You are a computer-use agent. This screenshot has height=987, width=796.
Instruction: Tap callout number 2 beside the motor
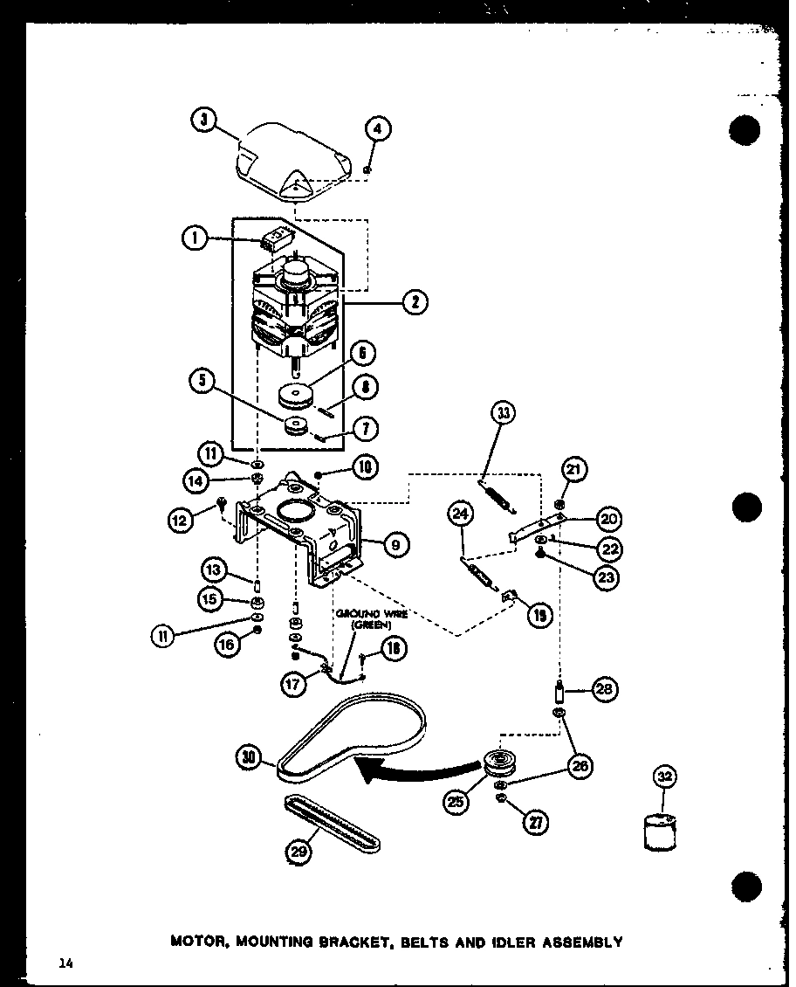415,302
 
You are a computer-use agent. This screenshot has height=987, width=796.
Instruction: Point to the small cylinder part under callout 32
660,830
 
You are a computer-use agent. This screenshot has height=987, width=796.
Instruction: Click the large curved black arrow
410,770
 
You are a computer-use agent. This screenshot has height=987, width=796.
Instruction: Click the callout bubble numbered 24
461,514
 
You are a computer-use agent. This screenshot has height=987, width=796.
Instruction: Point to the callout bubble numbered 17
295,686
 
